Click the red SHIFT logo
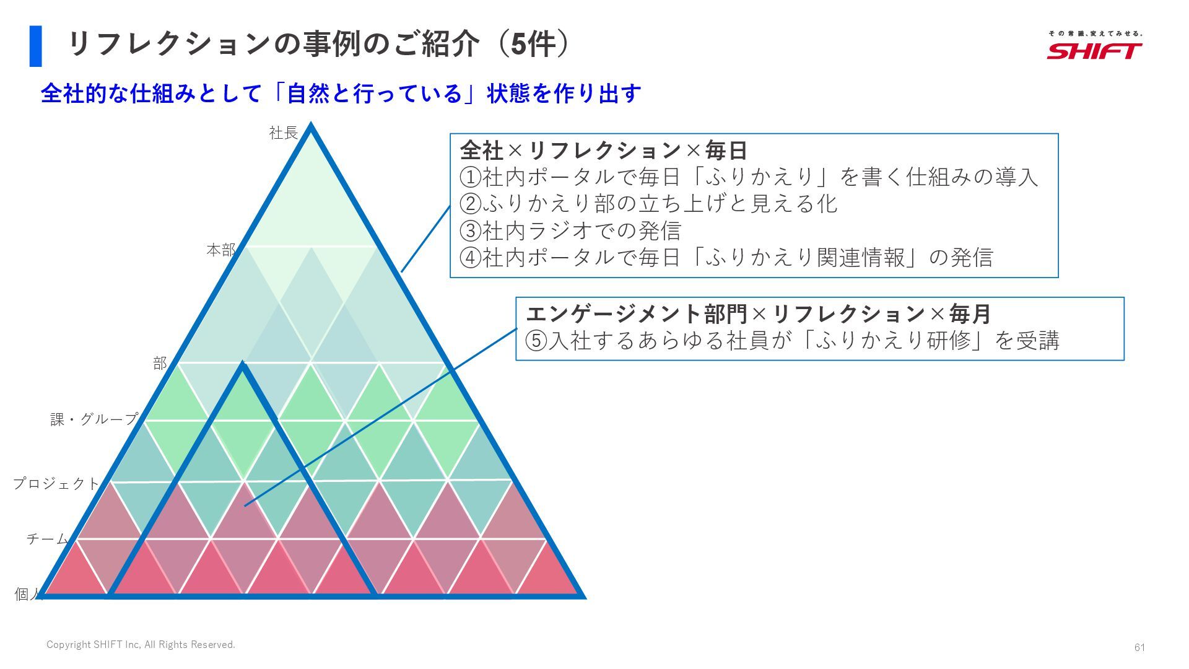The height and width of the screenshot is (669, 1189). [1094, 50]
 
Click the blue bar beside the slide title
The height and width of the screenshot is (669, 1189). [35, 46]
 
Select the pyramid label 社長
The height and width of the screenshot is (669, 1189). [284, 133]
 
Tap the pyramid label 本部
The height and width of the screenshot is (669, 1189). [221, 250]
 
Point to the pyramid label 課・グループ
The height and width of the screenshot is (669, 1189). [94, 419]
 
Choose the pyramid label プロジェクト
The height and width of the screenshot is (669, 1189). [56, 483]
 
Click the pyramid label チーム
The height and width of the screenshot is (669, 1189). [47, 539]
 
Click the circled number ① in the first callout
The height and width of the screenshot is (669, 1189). [471, 178]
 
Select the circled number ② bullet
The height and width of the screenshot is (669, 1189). [471, 204]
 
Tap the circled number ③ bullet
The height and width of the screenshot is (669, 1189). [471, 231]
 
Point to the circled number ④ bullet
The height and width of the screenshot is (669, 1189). [471, 258]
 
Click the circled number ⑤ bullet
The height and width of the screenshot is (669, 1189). [536, 341]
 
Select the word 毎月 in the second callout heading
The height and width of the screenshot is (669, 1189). [970, 314]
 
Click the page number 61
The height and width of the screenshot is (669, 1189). [1139, 647]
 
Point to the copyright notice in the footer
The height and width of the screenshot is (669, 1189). [141, 645]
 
